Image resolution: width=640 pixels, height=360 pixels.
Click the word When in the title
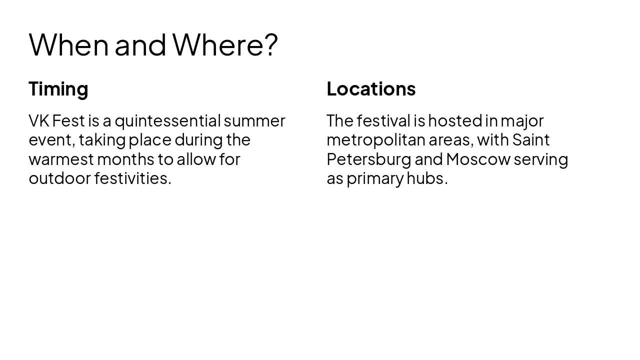[x=68, y=44]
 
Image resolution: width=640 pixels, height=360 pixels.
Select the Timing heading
[x=58, y=89]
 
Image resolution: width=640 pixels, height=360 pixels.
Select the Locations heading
[x=371, y=89]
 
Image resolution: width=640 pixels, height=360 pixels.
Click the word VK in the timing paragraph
[x=38, y=121]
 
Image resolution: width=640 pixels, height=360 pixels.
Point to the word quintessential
[x=167, y=121]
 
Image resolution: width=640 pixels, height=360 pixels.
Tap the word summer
[x=254, y=121]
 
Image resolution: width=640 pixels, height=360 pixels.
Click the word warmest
[x=61, y=159]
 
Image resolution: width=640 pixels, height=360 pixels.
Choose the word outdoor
[x=59, y=178]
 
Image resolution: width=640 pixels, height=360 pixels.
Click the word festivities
[x=132, y=178]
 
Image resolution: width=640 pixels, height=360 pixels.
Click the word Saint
[x=531, y=140]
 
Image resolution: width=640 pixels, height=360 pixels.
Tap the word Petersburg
[x=368, y=159]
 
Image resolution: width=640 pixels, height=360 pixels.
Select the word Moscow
[x=478, y=159]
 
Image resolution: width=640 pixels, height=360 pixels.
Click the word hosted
[x=454, y=121]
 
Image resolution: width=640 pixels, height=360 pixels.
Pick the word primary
[x=374, y=179]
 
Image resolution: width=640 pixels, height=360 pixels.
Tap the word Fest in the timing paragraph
[x=68, y=121]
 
